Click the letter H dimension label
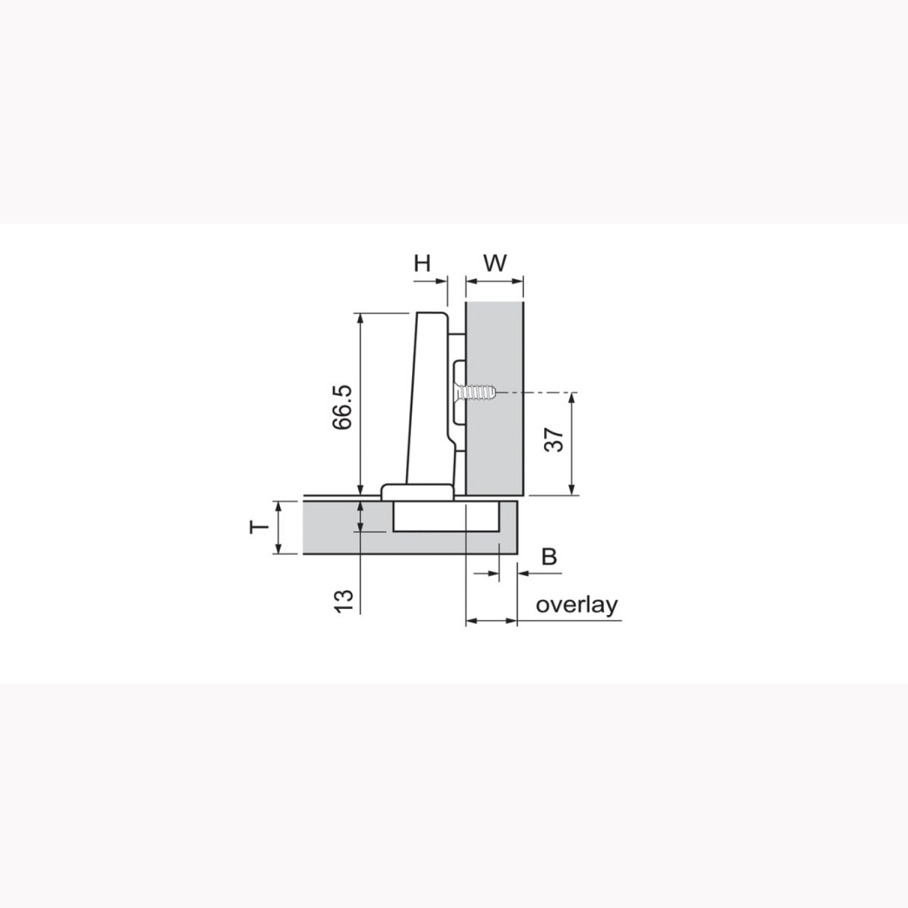click(x=422, y=263)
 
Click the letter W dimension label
click(x=495, y=263)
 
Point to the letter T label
click(x=259, y=527)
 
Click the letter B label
click(x=548, y=556)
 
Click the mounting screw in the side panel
click(x=476, y=392)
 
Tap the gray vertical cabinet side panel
click(x=495, y=398)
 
